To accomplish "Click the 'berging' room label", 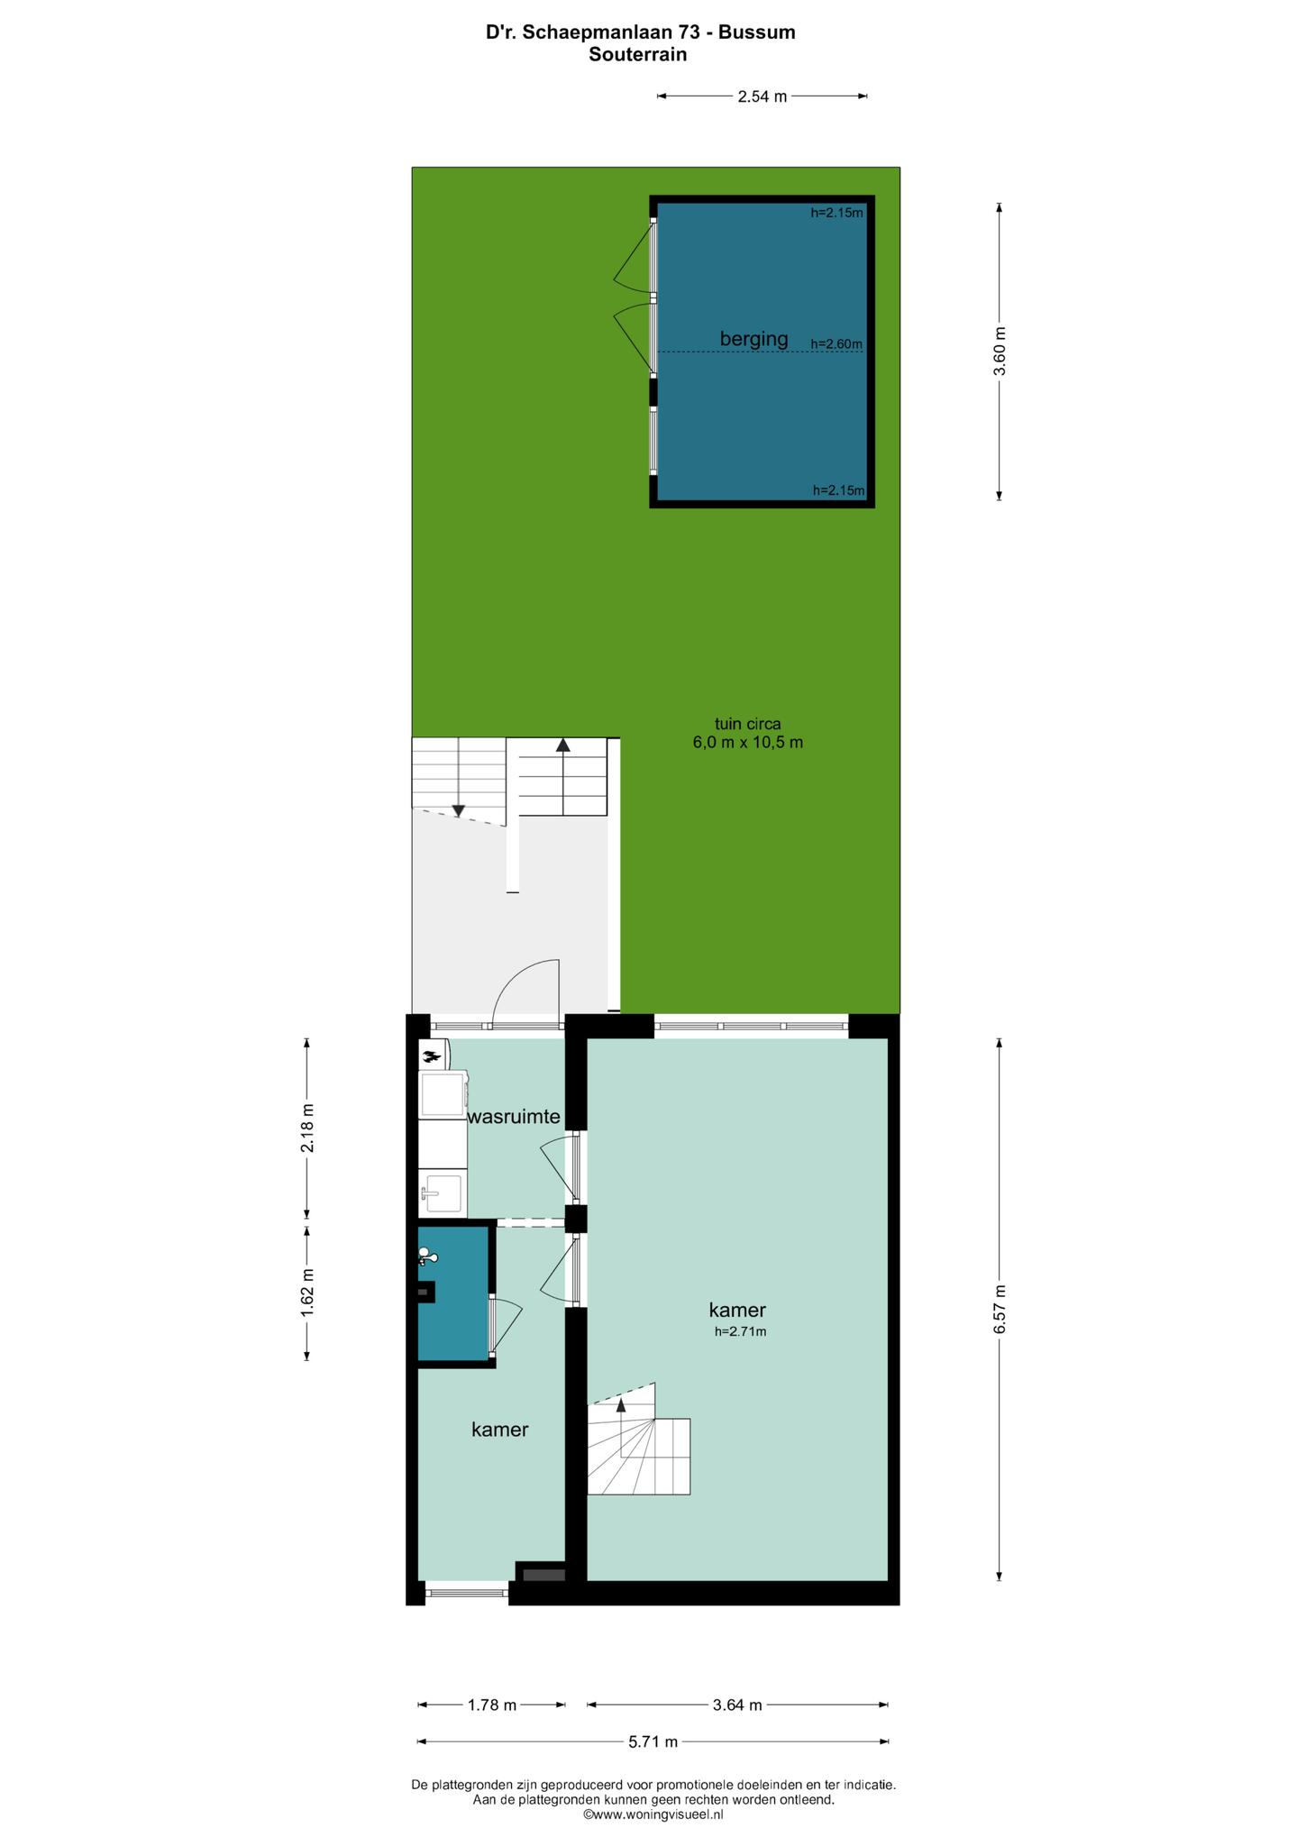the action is (753, 340).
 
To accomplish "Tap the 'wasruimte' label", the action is (514, 1118).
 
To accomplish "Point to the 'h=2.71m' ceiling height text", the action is (740, 1331).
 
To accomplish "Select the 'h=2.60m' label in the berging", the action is (836, 343).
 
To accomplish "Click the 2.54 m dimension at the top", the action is (763, 96).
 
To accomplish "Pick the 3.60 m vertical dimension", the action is (999, 351).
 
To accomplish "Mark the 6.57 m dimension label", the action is (999, 1309).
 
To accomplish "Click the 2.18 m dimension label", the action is (307, 1128).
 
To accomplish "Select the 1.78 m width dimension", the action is (492, 1704).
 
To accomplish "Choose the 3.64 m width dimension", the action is (737, 1704).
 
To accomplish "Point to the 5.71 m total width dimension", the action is (653, 1741).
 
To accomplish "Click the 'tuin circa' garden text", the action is (747, 723).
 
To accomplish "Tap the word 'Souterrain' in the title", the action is (638, 54).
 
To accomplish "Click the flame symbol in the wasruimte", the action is (432, 1053).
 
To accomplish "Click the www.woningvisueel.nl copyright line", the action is (653, 1814).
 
